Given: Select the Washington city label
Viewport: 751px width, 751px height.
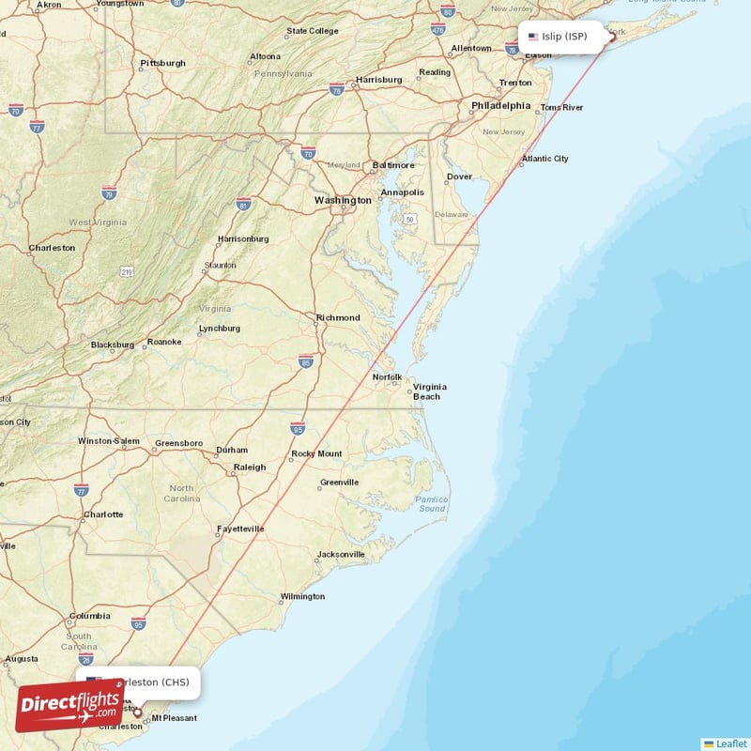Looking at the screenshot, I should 343,200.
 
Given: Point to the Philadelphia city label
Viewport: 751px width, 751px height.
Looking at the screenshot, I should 500,106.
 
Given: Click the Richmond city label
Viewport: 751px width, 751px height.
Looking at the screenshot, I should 338,317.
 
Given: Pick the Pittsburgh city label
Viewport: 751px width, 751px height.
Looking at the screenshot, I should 162,64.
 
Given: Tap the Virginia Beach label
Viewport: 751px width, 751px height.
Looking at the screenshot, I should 430,391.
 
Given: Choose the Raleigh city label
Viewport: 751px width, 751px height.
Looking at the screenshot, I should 250,467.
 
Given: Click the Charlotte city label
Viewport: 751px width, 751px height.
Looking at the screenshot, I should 103,514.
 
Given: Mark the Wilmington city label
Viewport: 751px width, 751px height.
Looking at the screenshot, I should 302,596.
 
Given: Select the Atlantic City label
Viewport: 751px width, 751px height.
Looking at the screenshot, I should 545,159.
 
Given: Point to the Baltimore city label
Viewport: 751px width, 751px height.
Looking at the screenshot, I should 393,165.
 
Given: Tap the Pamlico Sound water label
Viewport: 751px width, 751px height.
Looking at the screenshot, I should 433,503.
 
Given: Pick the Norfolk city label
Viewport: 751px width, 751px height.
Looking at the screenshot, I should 387,377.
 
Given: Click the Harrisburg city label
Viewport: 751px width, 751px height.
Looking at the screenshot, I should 379,79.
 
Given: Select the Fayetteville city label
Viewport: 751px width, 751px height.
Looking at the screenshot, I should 240,529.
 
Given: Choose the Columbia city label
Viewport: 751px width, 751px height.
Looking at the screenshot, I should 89,617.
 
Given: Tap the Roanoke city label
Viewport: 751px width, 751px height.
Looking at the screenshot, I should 163,342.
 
